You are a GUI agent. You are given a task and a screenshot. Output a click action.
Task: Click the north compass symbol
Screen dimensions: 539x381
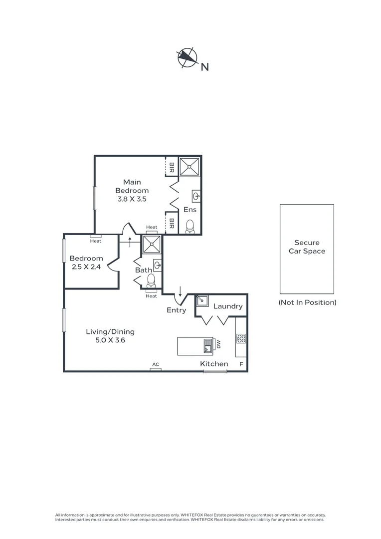click(x=187, y=58)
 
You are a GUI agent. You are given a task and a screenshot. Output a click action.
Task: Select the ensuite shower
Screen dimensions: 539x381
click(x=190, y=166)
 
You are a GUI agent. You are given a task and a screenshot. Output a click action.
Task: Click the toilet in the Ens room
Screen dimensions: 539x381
click(x=190, y=227)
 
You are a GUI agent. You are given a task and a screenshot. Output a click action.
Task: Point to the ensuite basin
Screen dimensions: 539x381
click(x=196, y=195)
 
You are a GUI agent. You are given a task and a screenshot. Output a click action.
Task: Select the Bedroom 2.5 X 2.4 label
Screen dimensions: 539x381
click(x=86, y=263)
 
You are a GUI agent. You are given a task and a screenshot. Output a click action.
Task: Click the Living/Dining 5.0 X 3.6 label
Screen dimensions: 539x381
click(x=110, y=336)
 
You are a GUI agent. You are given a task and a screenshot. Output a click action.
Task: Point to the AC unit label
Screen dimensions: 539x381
click(x=156, y=365)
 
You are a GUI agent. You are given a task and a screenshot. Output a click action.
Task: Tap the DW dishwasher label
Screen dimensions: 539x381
click(x=218, y=344)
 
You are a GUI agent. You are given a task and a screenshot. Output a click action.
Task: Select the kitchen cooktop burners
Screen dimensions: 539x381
click(x=241, y=338)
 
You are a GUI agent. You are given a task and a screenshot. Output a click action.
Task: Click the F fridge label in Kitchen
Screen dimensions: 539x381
click(x=241, y=364)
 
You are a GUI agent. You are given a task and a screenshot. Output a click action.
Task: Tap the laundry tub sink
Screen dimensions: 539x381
click(x=202, y=300)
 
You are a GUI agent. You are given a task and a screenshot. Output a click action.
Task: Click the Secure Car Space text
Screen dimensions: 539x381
click(x=307, y=247)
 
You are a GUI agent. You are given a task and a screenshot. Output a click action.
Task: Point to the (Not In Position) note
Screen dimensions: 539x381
click(x=307, y=302)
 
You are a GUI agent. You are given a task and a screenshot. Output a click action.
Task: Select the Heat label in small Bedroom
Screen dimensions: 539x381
click(x=95, y=241)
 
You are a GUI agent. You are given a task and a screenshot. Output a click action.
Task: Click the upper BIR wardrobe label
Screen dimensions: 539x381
click(x=172, y=167)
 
